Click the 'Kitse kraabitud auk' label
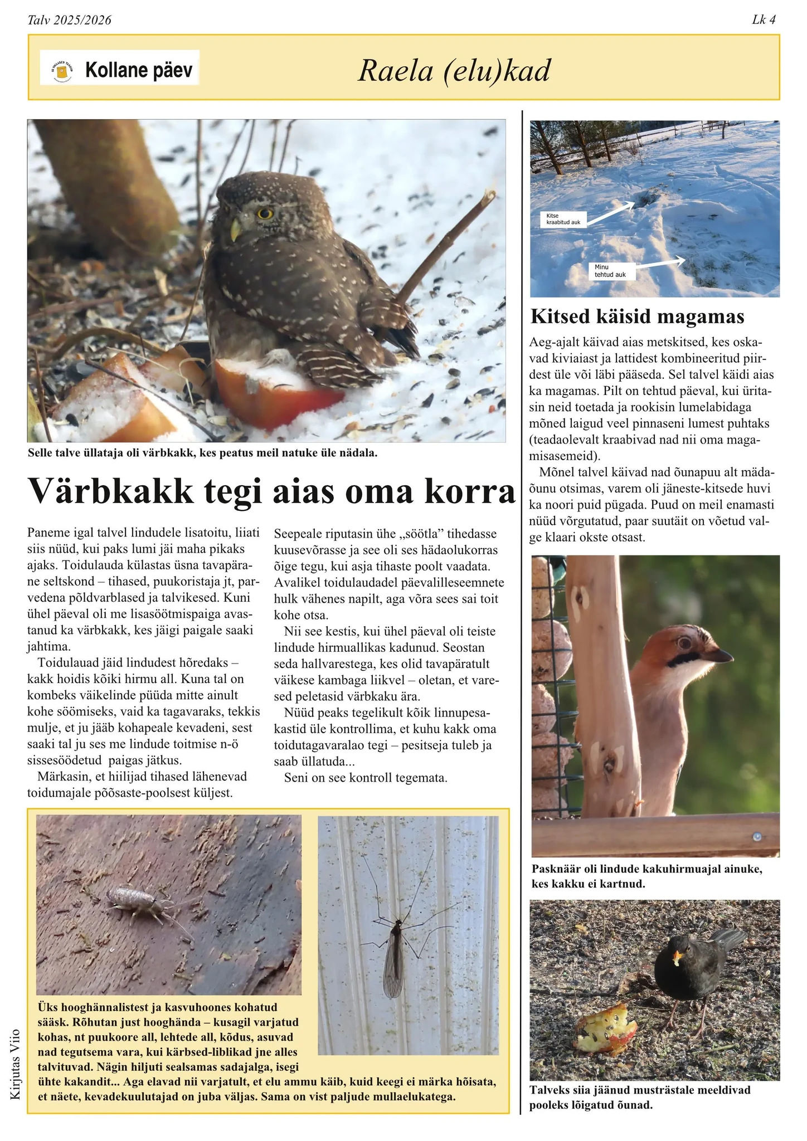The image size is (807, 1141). tap(563, 219)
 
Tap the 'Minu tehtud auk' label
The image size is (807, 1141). tap(610, 271)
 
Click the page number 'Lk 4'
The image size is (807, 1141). tap(764, 20)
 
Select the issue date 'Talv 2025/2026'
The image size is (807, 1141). tap(70, 21)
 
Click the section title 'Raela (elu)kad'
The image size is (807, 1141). tap(454, 71)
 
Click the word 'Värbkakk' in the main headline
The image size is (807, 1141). tap(111, 490)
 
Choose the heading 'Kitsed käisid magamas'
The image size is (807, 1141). tap(637, 316)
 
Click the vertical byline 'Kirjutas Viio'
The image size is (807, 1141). tap(15, 1064)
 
